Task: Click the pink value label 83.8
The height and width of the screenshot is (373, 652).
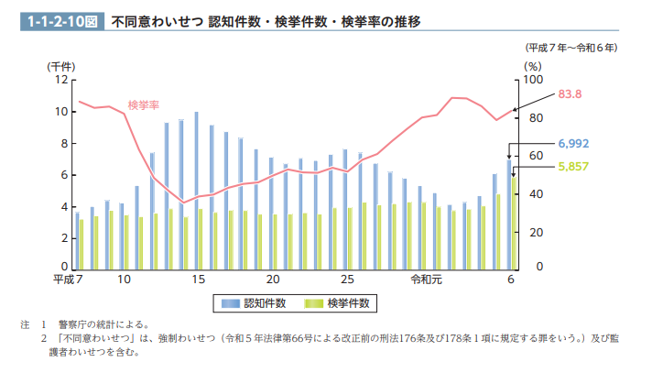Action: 570,93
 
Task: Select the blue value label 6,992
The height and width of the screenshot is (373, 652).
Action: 573,144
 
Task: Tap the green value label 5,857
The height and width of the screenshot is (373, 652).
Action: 573,166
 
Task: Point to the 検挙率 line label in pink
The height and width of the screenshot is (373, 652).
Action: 144,104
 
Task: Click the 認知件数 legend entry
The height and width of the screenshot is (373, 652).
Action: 253,302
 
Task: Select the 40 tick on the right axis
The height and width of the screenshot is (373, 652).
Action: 528,194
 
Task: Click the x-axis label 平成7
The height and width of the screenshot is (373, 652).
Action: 69,279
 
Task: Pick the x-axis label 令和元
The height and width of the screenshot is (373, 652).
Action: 427,279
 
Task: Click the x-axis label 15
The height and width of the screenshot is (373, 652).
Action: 198,279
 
